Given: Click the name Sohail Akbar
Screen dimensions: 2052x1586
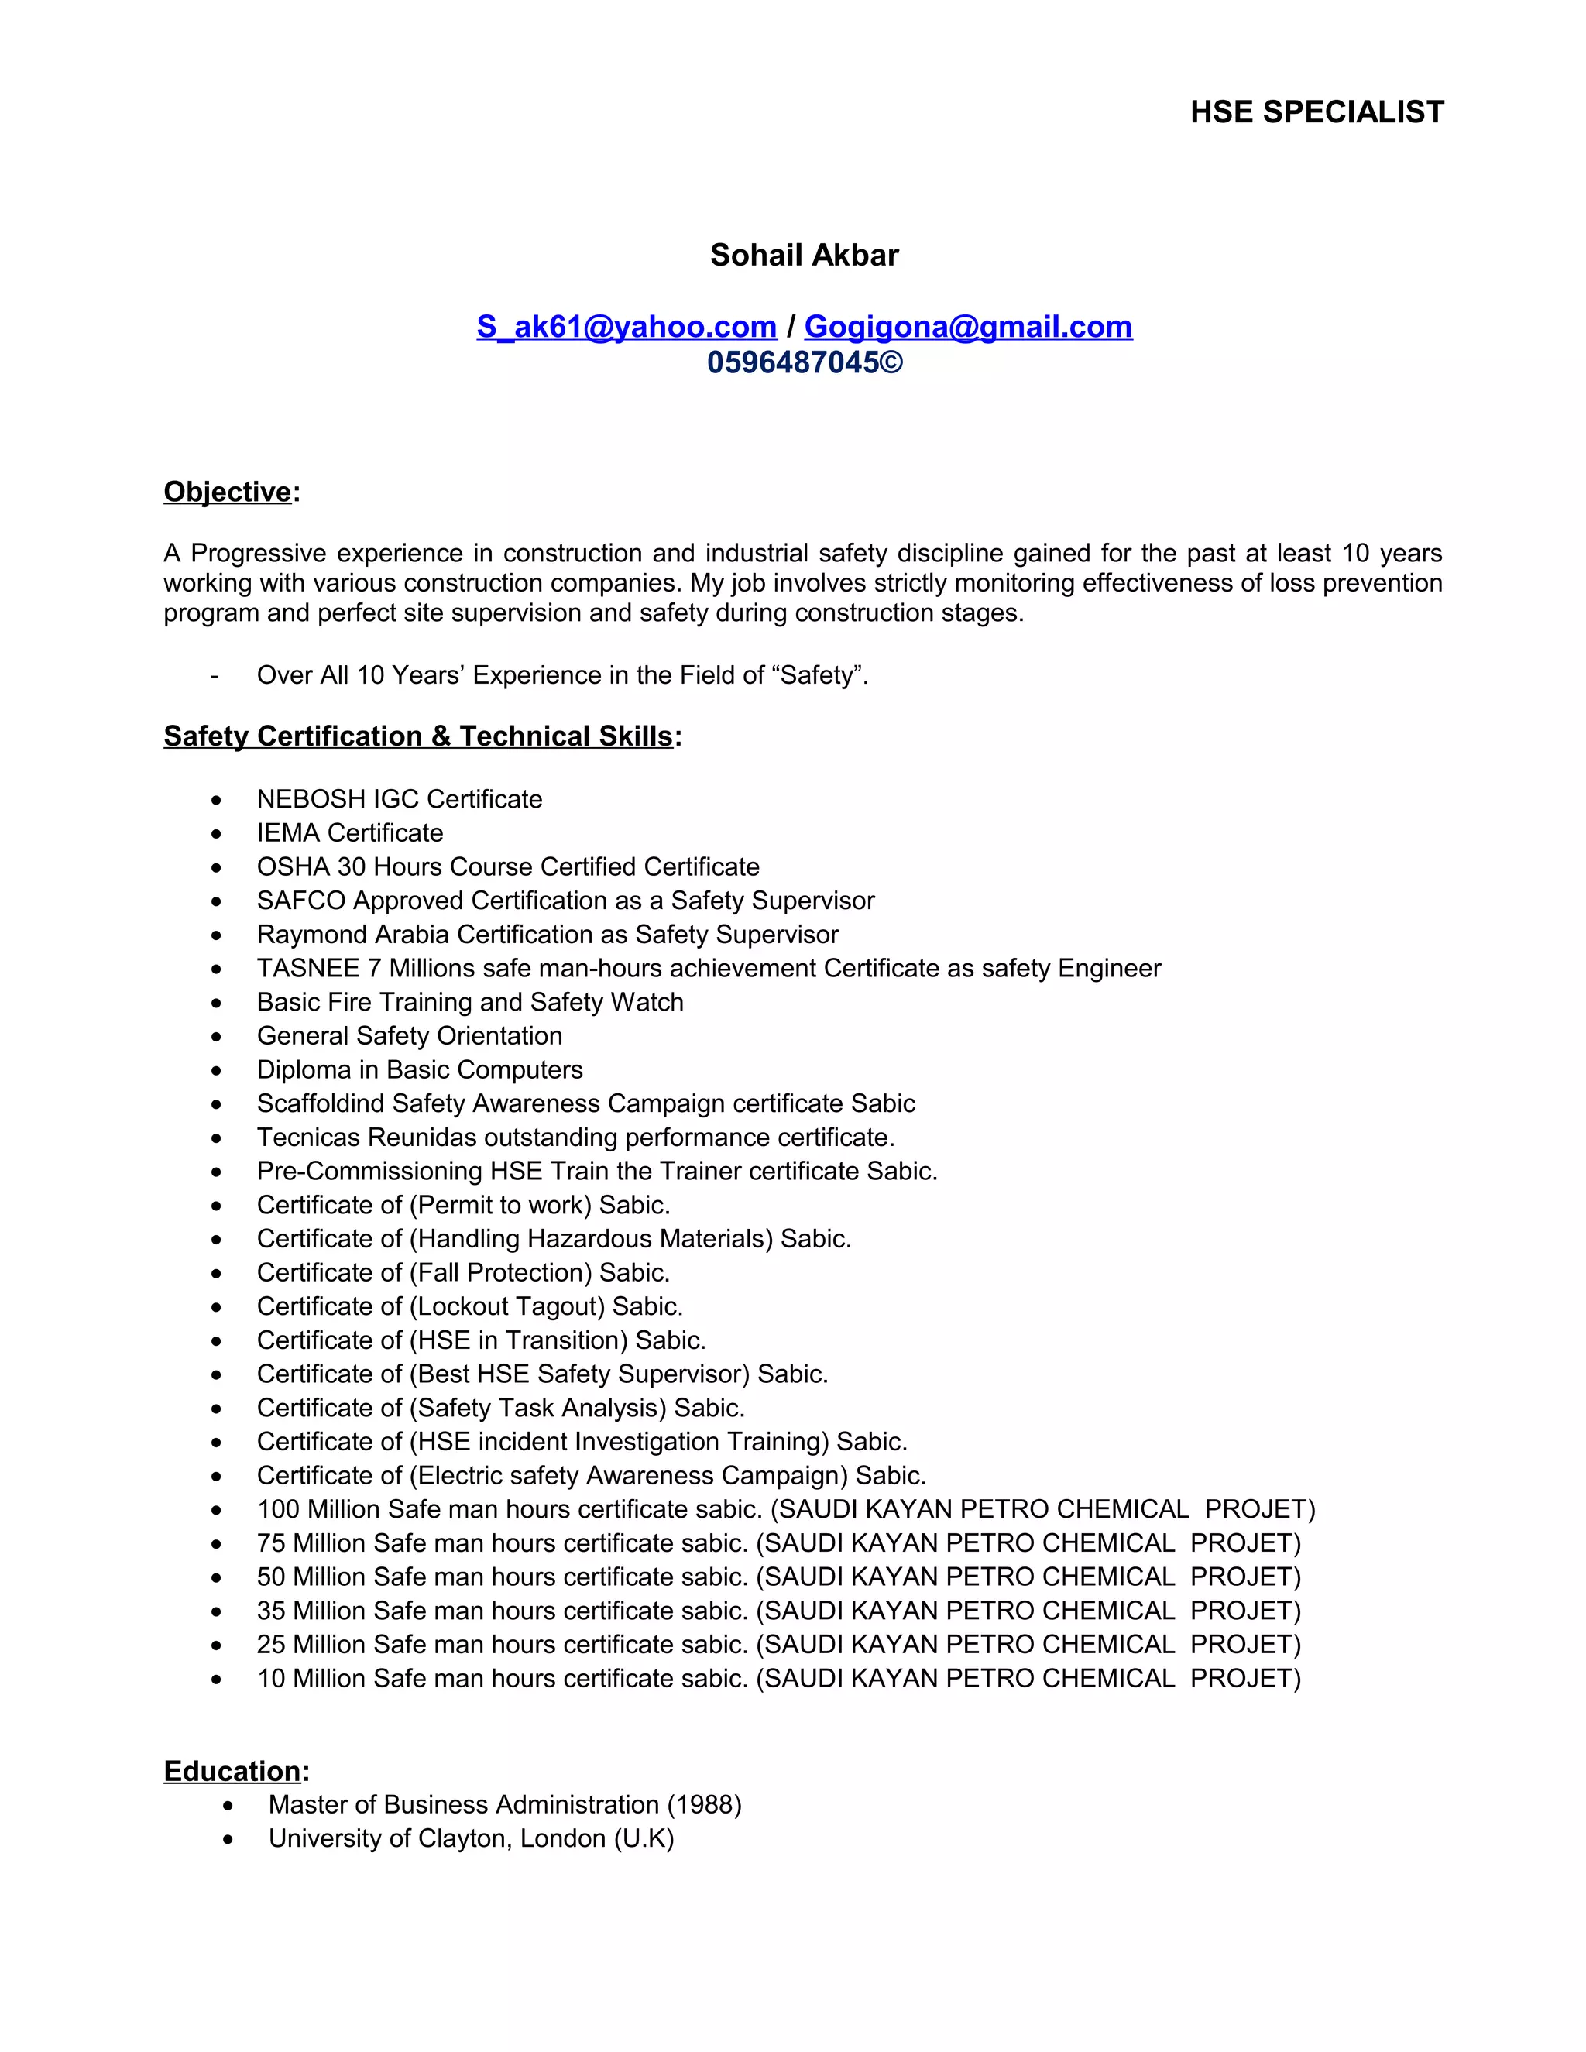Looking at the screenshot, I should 805,255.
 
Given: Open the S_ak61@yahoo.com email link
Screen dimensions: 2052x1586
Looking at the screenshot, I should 626,327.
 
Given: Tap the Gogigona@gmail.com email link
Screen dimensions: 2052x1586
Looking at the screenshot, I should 968,327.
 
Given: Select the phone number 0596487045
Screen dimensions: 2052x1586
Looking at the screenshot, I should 793,362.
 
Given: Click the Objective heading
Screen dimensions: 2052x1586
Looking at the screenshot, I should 228,492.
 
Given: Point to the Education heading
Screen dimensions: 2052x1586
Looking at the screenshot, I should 232,1771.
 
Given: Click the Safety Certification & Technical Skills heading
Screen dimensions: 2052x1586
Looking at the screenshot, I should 418,736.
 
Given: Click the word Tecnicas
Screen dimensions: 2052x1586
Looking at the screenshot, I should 308,1138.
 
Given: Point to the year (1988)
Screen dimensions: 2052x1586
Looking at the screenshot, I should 704,1805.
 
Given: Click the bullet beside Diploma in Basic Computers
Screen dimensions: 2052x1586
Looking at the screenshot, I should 217,1071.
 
